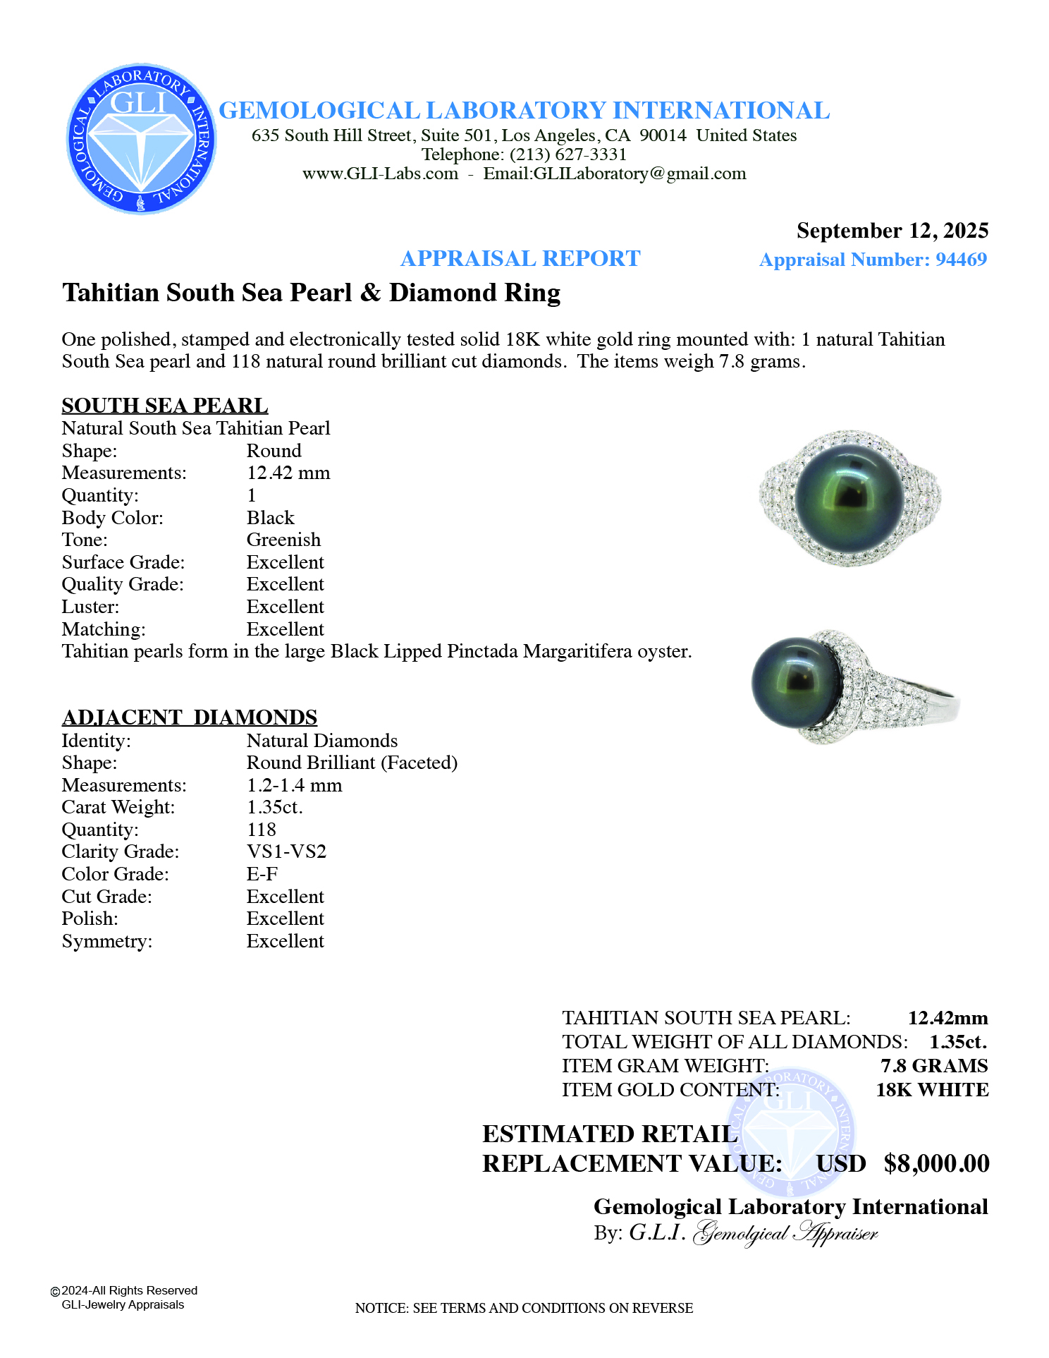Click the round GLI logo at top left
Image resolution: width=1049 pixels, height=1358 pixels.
point(141,139)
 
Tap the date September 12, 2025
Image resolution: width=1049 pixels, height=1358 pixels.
point(892,231)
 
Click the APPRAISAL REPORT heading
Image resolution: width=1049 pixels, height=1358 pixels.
point(520,259)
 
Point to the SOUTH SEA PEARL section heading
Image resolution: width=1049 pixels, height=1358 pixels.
point(165,406)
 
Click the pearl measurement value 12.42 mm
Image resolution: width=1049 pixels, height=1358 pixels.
point(288,473)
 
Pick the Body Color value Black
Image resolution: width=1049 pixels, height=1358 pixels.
point(270,518)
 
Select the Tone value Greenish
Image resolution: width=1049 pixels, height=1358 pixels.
point(283,540)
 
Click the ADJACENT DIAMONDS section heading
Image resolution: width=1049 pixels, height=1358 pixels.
point(190,717)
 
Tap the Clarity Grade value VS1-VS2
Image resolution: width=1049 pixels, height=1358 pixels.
point(286,851)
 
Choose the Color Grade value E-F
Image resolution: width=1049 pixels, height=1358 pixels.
point(262,874)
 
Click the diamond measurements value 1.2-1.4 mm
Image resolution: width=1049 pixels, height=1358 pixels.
point(294,785)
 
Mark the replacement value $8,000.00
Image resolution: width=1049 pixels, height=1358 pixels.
point(936,1163)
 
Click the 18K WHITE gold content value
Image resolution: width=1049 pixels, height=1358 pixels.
point(932,1090)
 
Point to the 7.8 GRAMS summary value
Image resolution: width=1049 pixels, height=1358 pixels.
point(934,1066)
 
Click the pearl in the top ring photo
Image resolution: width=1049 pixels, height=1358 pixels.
point(849,497)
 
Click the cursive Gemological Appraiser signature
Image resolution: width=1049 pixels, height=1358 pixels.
point(786,1233)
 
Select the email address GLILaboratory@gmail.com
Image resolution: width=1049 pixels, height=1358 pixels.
point(639,174)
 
